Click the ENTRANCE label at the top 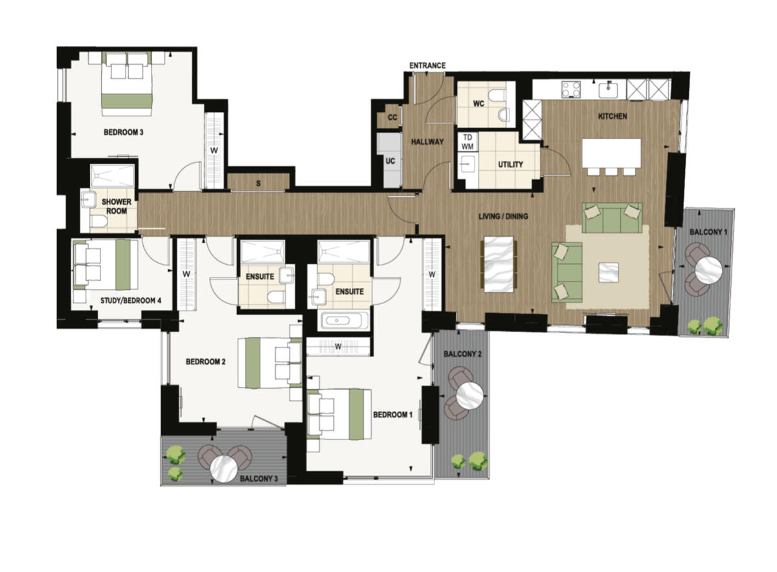click(x=427, y=65)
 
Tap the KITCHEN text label click(x=612, y=116)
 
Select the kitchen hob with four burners click(x=571, y=89)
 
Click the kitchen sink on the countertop click(x=609, y=89)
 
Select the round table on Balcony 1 click(x=708, y=269)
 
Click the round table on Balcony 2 click(x=470, y=394)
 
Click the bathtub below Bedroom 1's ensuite click(x=344, y=321)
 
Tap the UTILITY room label click(x=510, y=164)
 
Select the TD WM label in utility click(x=467, y=142)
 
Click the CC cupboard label click(x=392, y=118)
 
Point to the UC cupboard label click(x=390, y=161)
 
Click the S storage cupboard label click(x=258, y=184)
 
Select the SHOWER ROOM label click(x=117, y=206)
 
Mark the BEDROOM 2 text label click(x=205, y=362)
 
